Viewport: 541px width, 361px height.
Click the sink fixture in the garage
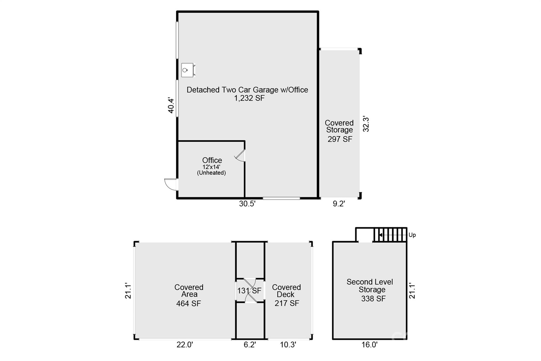[188, 70]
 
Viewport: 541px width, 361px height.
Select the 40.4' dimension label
[171, 106]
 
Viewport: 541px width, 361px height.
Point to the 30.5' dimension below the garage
[247, 204]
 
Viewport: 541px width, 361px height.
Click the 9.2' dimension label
[339, 204]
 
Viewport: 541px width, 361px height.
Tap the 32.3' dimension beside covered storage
[366, 124]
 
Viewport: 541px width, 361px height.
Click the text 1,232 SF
[249, 98]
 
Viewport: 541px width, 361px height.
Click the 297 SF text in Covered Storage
[340, 139]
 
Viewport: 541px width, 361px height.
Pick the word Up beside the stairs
[412, 235]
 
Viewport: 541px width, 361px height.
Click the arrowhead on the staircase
[381, 235]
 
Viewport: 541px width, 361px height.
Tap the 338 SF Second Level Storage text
[373, 299]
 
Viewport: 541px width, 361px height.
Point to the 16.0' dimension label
[369, 345]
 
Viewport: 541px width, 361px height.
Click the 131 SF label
[249, 291]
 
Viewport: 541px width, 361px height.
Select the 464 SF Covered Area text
[188, 303]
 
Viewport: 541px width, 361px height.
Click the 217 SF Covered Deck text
[287, 303]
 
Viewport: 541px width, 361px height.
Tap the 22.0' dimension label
[185, 345]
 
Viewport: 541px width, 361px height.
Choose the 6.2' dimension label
[250, 345]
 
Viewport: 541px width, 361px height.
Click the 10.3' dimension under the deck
[288, 345]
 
